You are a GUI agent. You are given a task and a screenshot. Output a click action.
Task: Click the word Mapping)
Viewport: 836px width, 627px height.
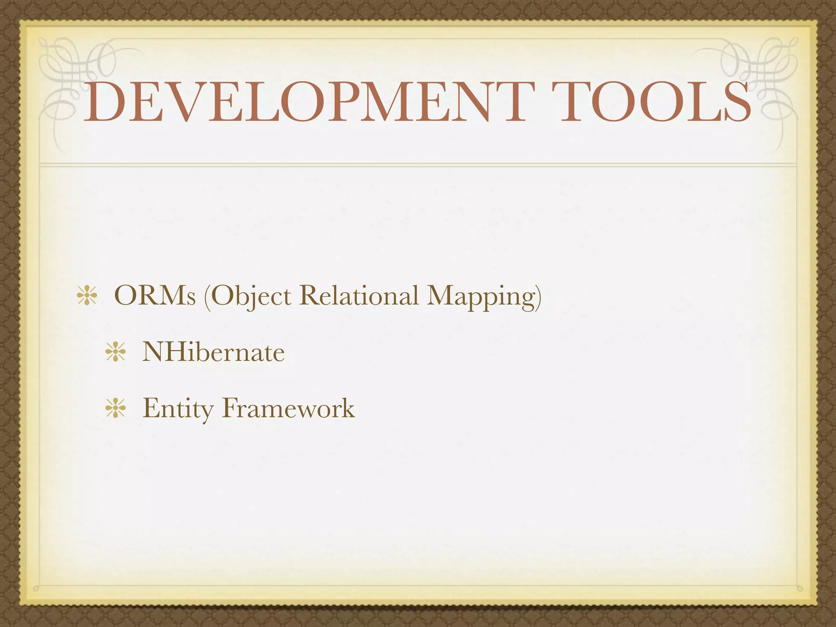pos(484,296)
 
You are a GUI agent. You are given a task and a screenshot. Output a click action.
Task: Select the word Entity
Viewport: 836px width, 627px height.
pos(178,408)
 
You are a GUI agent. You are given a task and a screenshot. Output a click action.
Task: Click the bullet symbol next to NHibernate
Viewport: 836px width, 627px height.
pos(116,353)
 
